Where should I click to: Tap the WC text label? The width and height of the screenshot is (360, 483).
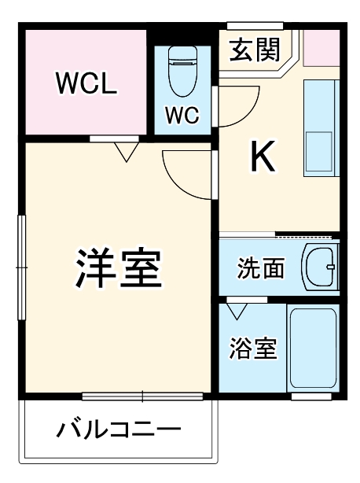[x=181, y=115]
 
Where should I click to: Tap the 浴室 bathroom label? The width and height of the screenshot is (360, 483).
[x=253, y=348]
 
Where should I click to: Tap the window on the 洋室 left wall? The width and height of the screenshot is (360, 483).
[x=23, y=267]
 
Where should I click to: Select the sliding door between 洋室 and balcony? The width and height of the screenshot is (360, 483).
[x=141, y=396]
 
